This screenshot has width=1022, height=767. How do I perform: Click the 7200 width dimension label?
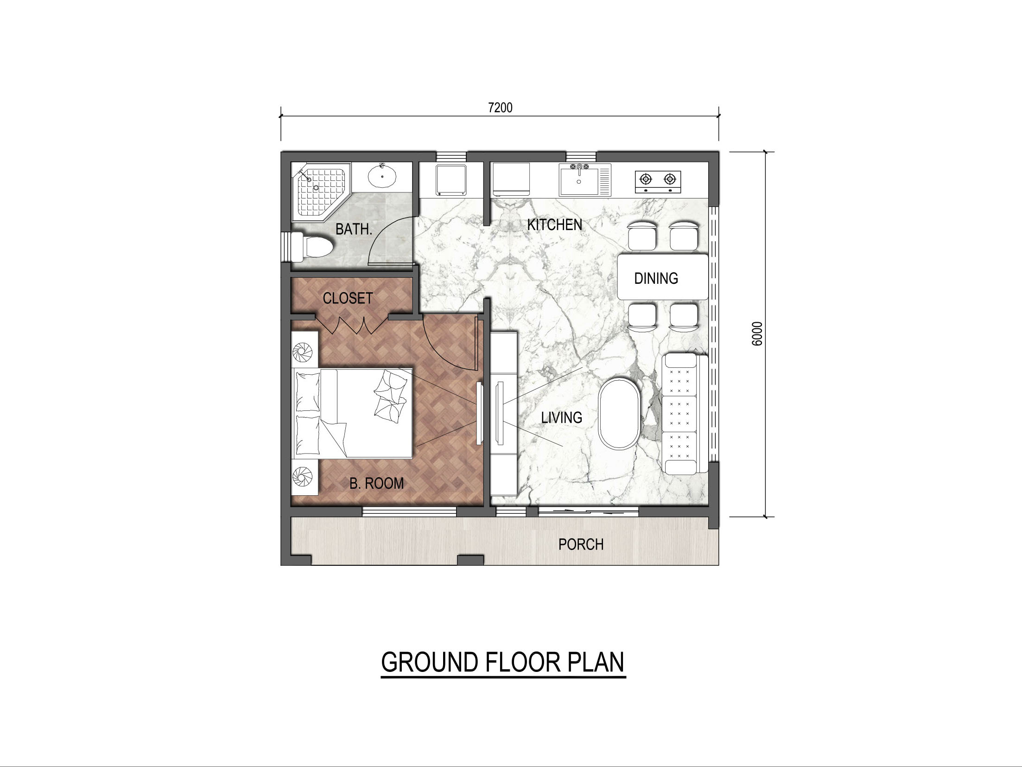[500, 108]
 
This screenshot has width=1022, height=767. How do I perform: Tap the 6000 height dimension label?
[757, 333]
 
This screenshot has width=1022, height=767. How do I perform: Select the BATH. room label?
[354, 229]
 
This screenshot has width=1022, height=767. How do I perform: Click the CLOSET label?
[348, 298]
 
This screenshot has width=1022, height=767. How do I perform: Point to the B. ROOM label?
[376, 483]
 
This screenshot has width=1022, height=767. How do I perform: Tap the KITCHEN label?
[554, 224]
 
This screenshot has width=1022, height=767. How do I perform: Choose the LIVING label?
[562, 417]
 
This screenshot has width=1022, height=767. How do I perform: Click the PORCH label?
[581, 544]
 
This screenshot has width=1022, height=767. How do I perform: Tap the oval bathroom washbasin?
[382, 177]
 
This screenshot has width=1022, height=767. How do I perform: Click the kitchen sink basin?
[579, 181]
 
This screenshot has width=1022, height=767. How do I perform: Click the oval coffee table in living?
[619, 414]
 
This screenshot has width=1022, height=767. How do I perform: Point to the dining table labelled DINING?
[663, 277]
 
